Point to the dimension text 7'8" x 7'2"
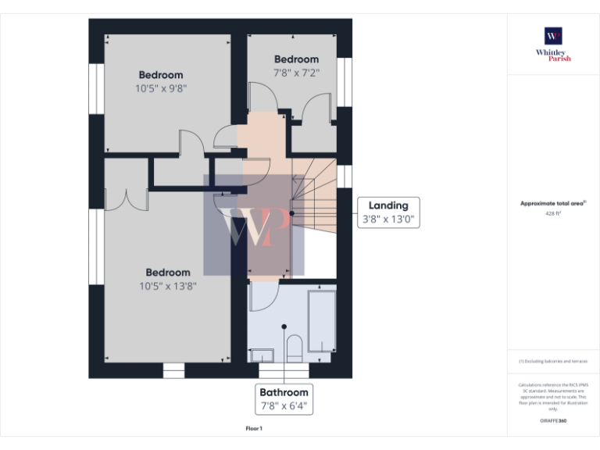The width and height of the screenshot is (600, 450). coord(296,73)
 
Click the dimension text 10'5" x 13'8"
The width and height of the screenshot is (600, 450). coord(168,286)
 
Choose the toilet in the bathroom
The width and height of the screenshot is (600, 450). coord(294,348)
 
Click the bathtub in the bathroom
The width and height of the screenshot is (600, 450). coord(322,322)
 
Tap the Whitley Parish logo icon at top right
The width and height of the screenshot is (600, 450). coord(553,36)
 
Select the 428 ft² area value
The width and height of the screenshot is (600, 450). coord(553,212)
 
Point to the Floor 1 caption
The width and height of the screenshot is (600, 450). coord(254,429)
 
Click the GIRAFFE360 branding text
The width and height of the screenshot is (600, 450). coord(553,421)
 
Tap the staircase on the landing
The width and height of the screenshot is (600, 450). coord(314,195)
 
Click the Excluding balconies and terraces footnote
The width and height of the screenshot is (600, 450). coord(553,361)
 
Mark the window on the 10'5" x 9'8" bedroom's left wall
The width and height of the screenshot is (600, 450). coord(97,87)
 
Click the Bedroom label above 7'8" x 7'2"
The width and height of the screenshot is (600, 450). coord(296,59)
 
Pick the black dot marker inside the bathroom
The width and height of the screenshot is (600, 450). coord(284,327)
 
